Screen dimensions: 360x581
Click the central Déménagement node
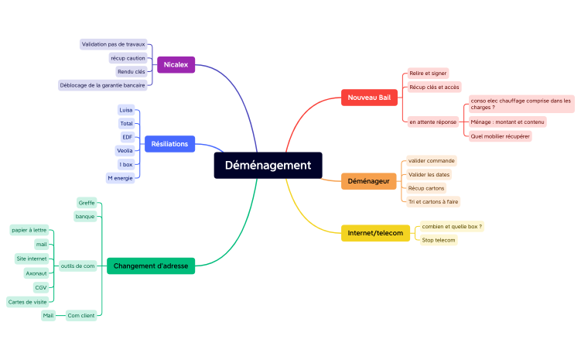pyautogui.click(x=268, y=165)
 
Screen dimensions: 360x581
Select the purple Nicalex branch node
pyautogui.click(x=176, y=64)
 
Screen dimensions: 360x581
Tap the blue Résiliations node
pyautogui.click(x=169, y=143)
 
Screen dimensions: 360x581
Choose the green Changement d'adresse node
pyautogui.click(x=151, y=266)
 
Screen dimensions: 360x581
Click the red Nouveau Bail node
pyautogui.click(x=369, y=97)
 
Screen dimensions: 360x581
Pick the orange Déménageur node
pyautogui.click(x=368, y=180)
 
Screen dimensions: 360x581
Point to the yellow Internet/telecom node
pyautogui.click(x=375, y=232)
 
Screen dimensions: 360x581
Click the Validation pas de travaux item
pyautogui.click(x=113, y=44)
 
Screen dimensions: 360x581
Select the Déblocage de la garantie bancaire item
pyautogui.click(x=102, y=85)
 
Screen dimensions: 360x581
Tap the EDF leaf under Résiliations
pyautogui.click(x=128, y=137)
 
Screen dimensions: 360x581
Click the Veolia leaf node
pyautogui.click(x=125, y=150)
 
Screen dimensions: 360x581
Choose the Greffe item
pyautogui.click(x=87, y=203)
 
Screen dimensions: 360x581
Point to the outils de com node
pyautogui.click(x=78, y=266)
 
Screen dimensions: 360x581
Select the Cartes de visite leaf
pyautogui.click(x=27, y=301)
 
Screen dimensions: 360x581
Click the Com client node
pyautogui.click(x=80, y=315)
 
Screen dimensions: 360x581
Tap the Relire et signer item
pyautogui.click(x=428, y=73)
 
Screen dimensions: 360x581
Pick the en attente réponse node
pyautogui.click(x=432, y=122)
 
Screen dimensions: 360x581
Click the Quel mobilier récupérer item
pyautogui.click(x=500, y=135)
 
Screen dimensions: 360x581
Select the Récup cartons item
pyautogui.click(x=426, y=188)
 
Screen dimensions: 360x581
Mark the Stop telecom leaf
pyautogui.click(x=438, y=240)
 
